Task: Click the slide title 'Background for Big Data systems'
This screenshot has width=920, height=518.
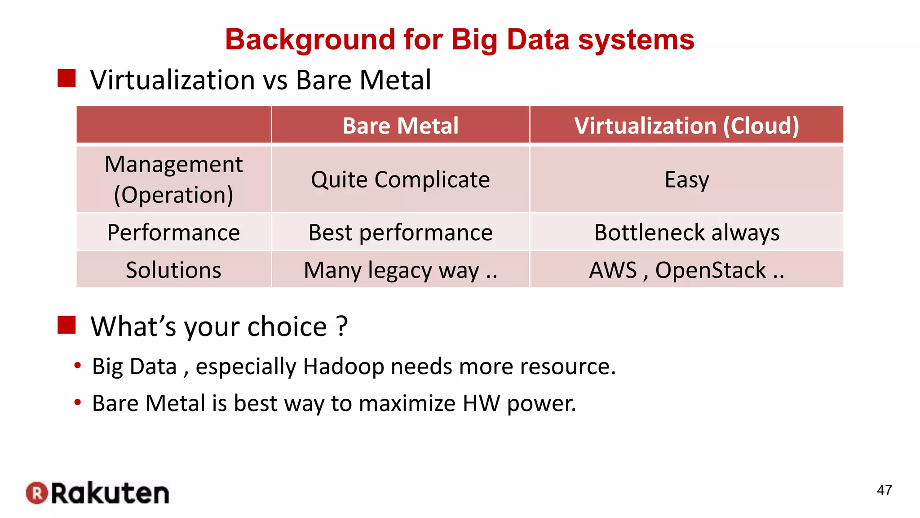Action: pyautogui.click(x=460, y=40)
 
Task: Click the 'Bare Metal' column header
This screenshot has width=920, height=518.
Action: pyautogui.click(x=400, y=125)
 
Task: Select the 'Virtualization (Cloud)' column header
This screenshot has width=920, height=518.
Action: pyautogui.click(x=686, y=125)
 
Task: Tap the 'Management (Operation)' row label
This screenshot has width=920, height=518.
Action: pyautogui.click(x=173, y=179)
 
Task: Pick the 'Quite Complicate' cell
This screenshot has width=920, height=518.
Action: pyautogui.click(x=400, y=180)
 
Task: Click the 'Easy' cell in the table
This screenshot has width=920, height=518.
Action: pyautogui.click(x=686, y=180)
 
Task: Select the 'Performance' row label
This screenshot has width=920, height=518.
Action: pyautogui.click(x=173, y=232)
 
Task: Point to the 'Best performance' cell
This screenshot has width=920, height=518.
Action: pyautogui.click(x=400, y=232)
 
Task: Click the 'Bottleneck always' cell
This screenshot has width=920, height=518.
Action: pyautogui.click(x=686, y=232)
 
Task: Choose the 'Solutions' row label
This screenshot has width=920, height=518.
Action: pyautogui.click(x=173, y=270)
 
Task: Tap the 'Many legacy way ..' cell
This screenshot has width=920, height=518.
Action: pyautogui.click(x=400, y=270)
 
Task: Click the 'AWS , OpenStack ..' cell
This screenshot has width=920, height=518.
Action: pyautogui.click(x=686, y=270)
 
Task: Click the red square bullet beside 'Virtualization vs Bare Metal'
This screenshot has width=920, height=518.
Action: pyautogui.click(x=66, y=78)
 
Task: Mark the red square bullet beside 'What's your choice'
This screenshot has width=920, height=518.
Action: pyautogui.click(x=66, y=325)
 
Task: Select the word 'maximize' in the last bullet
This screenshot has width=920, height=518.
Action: pyautogui.click(x=407, y=403)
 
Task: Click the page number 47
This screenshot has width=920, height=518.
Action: pyautogui.click(x=884, y=490)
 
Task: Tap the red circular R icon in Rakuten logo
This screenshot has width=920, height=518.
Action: pyautogui.click(x=37, y=493)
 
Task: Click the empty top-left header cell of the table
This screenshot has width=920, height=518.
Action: pyautogui.click(x=173, y=125)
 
